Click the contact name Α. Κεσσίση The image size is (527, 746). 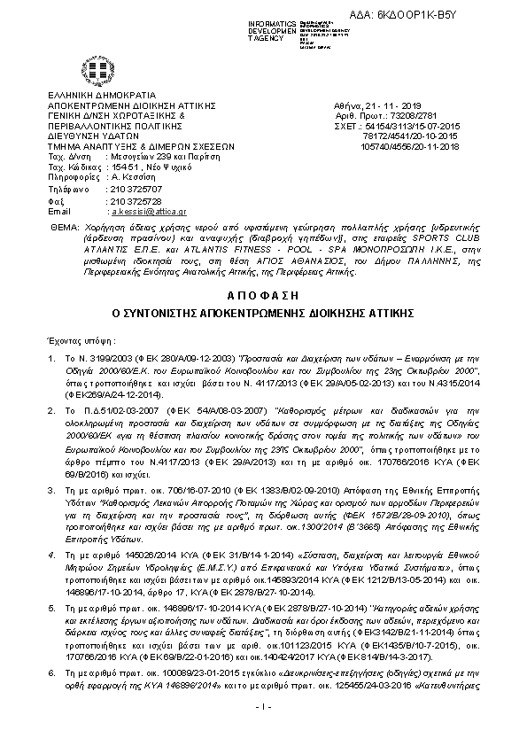pyautogui.click(x=132, y=177)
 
